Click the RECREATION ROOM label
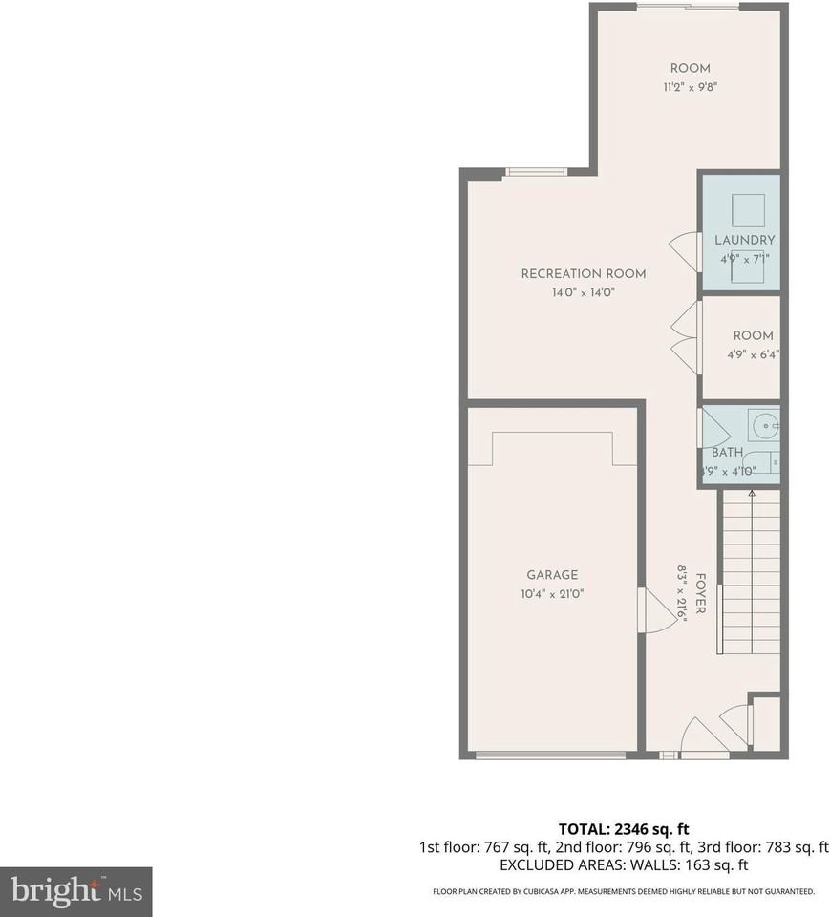pyautogui.click(x=583, y=274)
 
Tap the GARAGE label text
pyautogui.click(x=552, y=575)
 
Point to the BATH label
pyautogui.click(x=727, y=453)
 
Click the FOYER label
pyautogui.click(x=700, y=594)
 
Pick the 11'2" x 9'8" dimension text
pyautogui.click(x=690, y=87)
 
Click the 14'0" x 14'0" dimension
pyautogui.click(x=583, y=293)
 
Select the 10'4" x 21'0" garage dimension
pyautogui.click(x=552, y=594)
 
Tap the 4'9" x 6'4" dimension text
pyautogui.click(x=753, y=354)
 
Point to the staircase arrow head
pyautogui.click(x=752, y=494)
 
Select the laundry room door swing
pyautogui.click(x=685, y=250)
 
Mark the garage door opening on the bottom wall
pyautogui.click(x=551, y=756)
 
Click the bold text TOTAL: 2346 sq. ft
pyautogui.click(x=623, y=828)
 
